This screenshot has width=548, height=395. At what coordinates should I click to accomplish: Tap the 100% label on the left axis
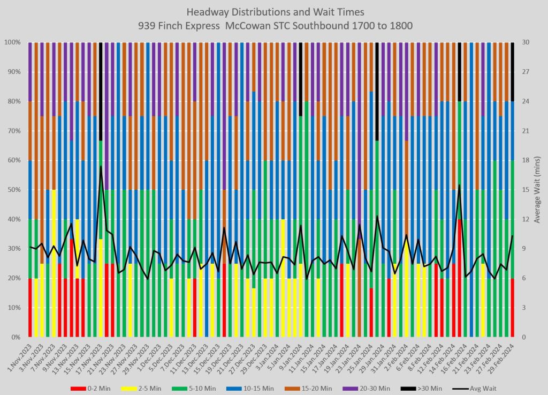[12, 42]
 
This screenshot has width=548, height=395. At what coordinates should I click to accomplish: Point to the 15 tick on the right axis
[525, 190]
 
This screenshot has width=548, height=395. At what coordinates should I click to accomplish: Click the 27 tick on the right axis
[525, 71]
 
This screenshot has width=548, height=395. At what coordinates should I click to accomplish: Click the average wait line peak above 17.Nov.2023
[101, 167]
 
